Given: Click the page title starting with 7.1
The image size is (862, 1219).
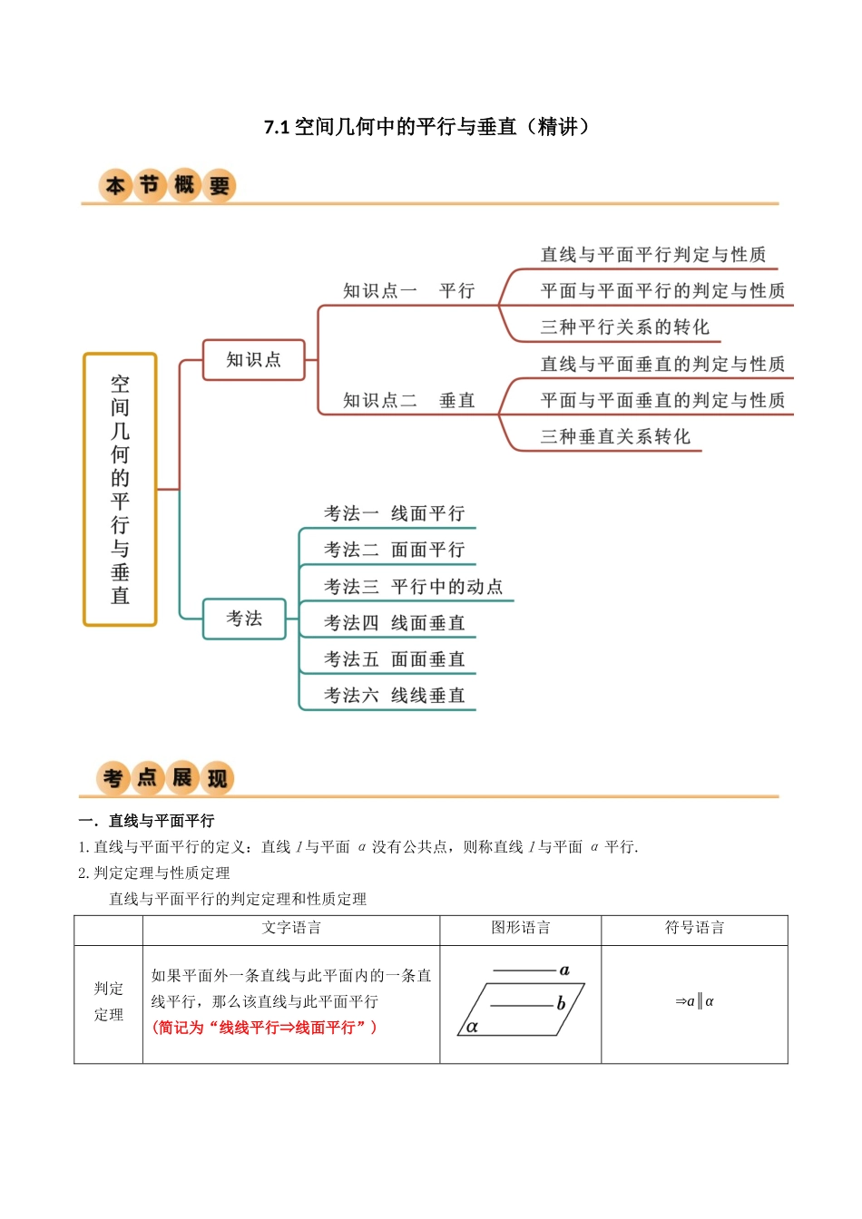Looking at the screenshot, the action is (x=426, y=127).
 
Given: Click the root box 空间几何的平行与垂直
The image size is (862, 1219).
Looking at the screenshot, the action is (x=120, y=489).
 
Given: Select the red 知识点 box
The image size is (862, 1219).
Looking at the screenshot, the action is (x=253, y=360).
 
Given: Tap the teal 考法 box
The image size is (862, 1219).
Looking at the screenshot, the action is (x=244, y=619).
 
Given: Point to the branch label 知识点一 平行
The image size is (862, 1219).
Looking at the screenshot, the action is (x=408, y=291).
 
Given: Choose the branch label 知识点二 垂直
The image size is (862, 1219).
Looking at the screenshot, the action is (x=408, y=400).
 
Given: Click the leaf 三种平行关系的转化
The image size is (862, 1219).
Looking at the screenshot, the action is (x=624, y=327).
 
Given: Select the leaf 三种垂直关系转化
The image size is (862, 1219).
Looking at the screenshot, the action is (x=615, y=436).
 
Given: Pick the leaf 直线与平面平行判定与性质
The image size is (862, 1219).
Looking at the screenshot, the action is (x=652, y=255).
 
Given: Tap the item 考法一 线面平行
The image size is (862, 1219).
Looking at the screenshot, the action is (x=394, y=513).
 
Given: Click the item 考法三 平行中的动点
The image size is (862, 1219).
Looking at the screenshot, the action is (x=413, y=587).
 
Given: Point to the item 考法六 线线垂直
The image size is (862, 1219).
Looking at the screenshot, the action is (x=394, y=696).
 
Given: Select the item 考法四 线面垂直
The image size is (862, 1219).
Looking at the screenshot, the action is (x=394, y=623).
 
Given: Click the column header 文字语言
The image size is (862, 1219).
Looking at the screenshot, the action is (x=291, y=928).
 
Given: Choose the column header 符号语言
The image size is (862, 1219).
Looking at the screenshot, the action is (x=694, y=928).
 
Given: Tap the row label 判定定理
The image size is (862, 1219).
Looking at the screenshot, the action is (x=108, y=1001).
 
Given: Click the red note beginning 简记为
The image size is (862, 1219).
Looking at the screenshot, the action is (x=265, y=1028).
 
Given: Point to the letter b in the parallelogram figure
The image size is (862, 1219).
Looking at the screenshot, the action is (x=561, y=1003).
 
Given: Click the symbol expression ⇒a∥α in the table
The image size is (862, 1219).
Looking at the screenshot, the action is (x=694, y=1001).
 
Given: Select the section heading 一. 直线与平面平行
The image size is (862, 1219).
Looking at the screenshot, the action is (x=147, y=821).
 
